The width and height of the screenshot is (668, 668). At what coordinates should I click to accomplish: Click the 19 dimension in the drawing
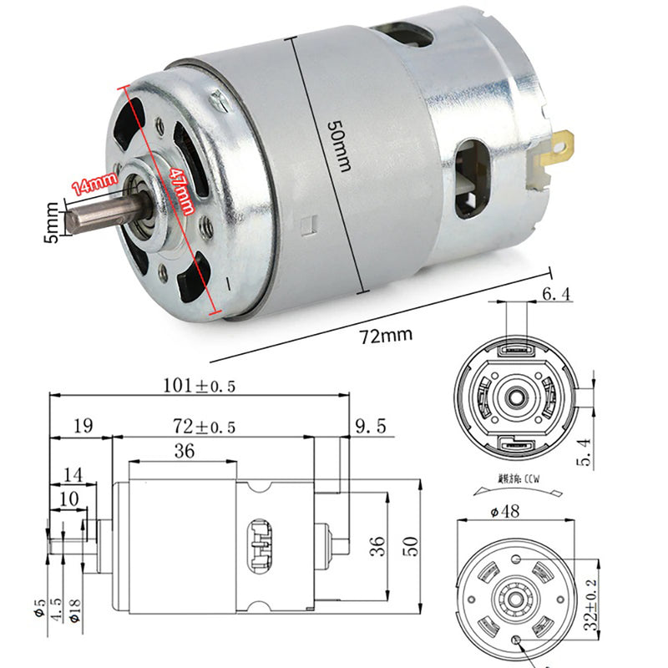(83, 427)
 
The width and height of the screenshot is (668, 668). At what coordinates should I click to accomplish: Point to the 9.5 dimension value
(370, 427)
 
